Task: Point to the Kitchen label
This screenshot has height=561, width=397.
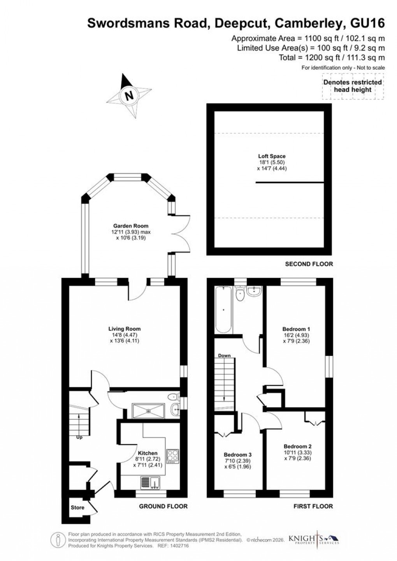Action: tap(148, 453)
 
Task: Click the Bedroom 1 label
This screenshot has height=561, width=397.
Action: tap(297, 329)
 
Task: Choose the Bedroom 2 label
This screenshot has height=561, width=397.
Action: tap(297, 447)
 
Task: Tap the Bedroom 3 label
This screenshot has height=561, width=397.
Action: tap(237, 455)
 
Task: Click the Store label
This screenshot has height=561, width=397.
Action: tap(77, 508)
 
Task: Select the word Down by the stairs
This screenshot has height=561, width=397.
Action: tap(224, 355)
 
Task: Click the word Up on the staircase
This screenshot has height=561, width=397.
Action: tap(79, 437)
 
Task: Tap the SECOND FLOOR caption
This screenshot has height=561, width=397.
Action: tap(309, 264)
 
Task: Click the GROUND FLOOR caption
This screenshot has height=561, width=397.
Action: tap(163, 506)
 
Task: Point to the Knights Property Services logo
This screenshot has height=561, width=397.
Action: tap(314, 540)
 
